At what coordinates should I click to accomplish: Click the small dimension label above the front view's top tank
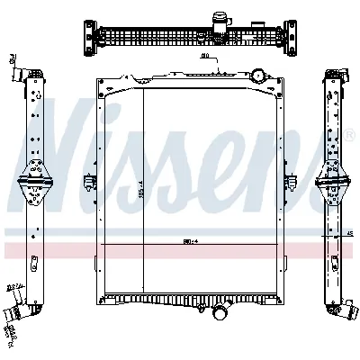[204, 58]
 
